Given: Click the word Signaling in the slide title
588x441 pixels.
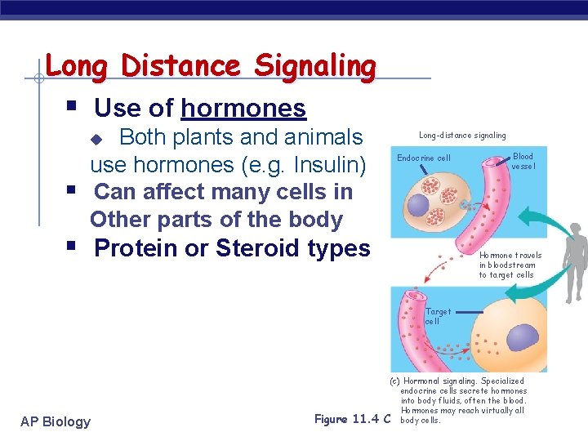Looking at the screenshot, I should (315, 65).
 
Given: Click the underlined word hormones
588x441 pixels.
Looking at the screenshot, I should (243, 108).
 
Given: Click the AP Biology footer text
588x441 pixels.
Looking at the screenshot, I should (56, 421).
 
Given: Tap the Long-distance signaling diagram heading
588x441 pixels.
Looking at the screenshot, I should (462, 135).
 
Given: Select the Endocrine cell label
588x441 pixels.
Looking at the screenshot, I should (423, 158).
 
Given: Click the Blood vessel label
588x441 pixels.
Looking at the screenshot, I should (523, 161).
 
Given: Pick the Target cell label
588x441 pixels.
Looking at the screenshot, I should (438, 316).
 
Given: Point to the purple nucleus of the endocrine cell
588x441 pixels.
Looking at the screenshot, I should (421, 204).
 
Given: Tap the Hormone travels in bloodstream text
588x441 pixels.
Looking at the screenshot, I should (510, 265).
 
